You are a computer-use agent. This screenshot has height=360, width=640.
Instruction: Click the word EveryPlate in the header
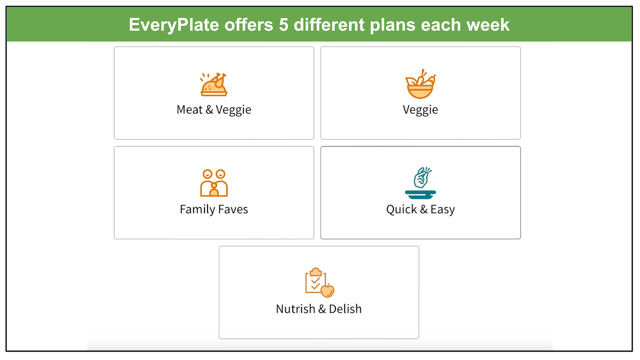click(x=174, y=25)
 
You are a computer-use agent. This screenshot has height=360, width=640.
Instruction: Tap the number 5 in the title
click(x=284, y=24)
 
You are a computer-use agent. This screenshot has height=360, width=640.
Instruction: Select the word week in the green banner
click(x=488, y=24)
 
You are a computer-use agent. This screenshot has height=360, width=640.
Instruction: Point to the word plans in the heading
click(x=392, y=25)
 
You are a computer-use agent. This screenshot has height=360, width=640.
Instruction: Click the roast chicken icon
click(x=214, y=84)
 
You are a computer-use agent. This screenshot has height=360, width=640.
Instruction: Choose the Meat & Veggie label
click(x=214, y=110)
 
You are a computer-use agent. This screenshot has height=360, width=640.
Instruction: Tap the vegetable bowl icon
click(x=420, y=84)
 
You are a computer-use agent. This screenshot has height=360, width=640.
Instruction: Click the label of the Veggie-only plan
click(x=420, y=110)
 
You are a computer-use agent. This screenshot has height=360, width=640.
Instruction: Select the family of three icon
click(x=214, y=183)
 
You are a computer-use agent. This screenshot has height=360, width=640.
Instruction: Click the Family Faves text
click(x=214, y=209)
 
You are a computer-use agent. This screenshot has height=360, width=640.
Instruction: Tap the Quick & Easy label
click(x=420, y=210)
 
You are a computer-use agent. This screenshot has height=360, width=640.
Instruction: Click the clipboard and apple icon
click(x=320, y=282)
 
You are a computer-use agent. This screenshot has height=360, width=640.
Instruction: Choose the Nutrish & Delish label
click(x=318, y=309)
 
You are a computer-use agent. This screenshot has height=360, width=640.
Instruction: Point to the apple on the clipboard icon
click(x=328, y=290)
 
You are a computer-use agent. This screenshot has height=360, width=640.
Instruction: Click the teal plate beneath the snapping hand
click(x=420, y=194)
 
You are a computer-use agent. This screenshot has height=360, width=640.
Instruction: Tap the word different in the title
click(x=329, y=24)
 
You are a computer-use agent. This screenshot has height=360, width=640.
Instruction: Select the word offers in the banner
click(x=248, y=24)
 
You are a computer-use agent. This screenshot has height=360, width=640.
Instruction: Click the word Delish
click(x=345, y=309)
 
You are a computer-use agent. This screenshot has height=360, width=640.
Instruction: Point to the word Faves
click(x=233, y=209)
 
